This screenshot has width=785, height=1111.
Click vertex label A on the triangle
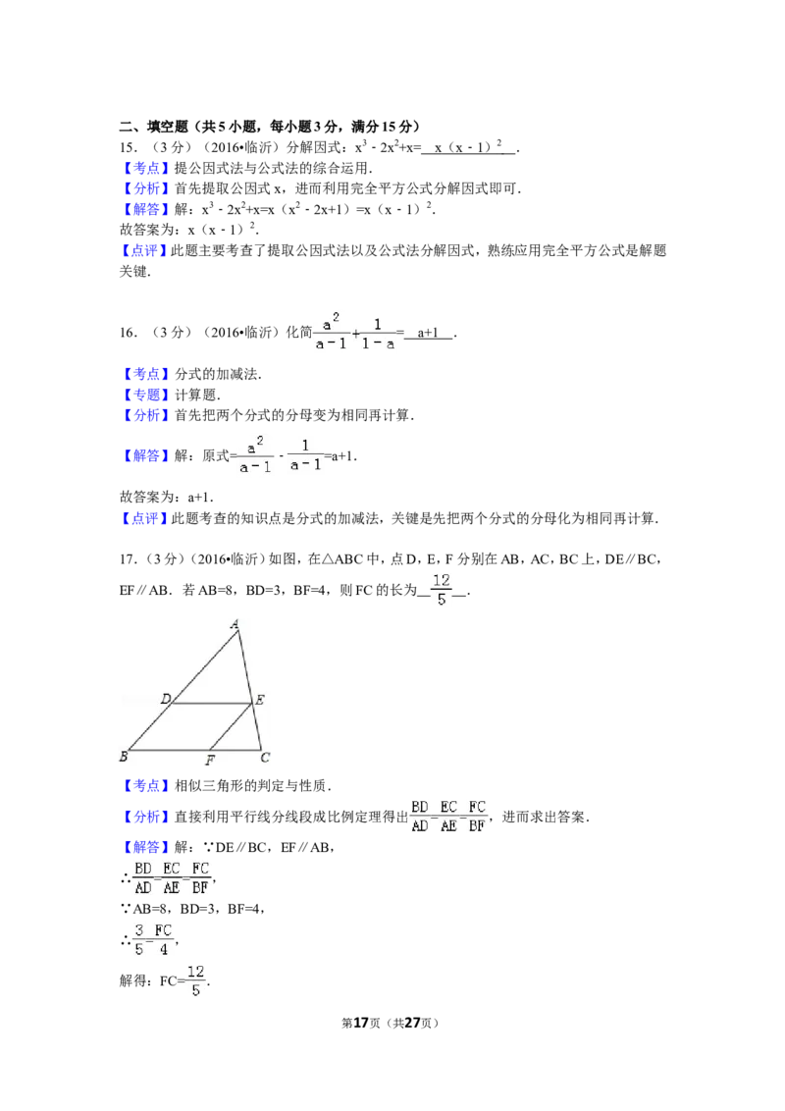(235, 623)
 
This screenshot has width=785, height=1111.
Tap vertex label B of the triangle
(124, 756)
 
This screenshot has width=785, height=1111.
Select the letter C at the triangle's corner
(265, 757)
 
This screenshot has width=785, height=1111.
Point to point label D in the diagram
(166, 699)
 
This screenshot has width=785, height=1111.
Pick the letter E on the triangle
(260, 700)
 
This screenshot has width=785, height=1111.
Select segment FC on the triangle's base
(235, 750)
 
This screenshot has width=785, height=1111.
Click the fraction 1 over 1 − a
(378, 334)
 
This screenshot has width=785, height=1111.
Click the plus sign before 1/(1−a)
(354, 335)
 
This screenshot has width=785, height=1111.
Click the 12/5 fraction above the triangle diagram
(440, 589)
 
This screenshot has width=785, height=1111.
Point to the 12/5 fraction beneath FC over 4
(196, 981)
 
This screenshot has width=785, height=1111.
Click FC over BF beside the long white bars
(199, 879)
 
